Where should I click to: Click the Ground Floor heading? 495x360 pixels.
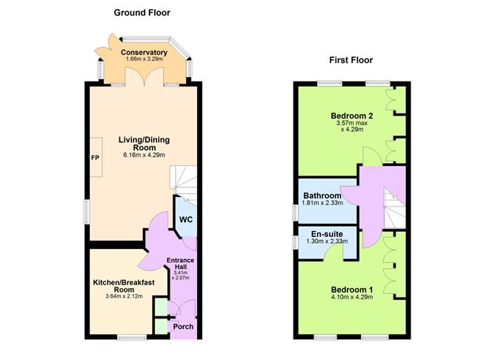(142, 13)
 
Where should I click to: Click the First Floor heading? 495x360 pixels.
(351, 60)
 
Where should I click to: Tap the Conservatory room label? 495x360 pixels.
(144, 53)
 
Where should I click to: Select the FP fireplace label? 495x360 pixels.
(95, 159)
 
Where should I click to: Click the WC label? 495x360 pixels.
(186, 220)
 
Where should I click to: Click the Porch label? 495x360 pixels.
(183, 327)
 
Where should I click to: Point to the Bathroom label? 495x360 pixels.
(322, 196)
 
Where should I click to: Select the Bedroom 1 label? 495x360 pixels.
(350, 290)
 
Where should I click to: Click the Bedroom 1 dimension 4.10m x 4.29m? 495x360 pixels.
(350, 299)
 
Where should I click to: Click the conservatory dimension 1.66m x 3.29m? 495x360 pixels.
(144, 60)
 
